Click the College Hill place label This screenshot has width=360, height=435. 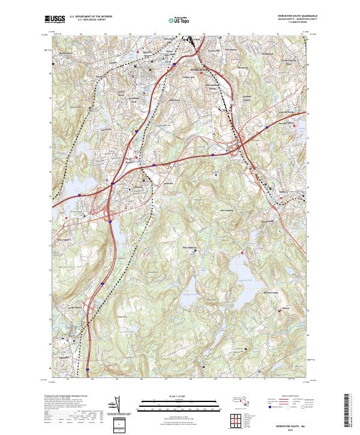click(x=190, y=77)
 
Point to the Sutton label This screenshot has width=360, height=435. click(x=286, y=311)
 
